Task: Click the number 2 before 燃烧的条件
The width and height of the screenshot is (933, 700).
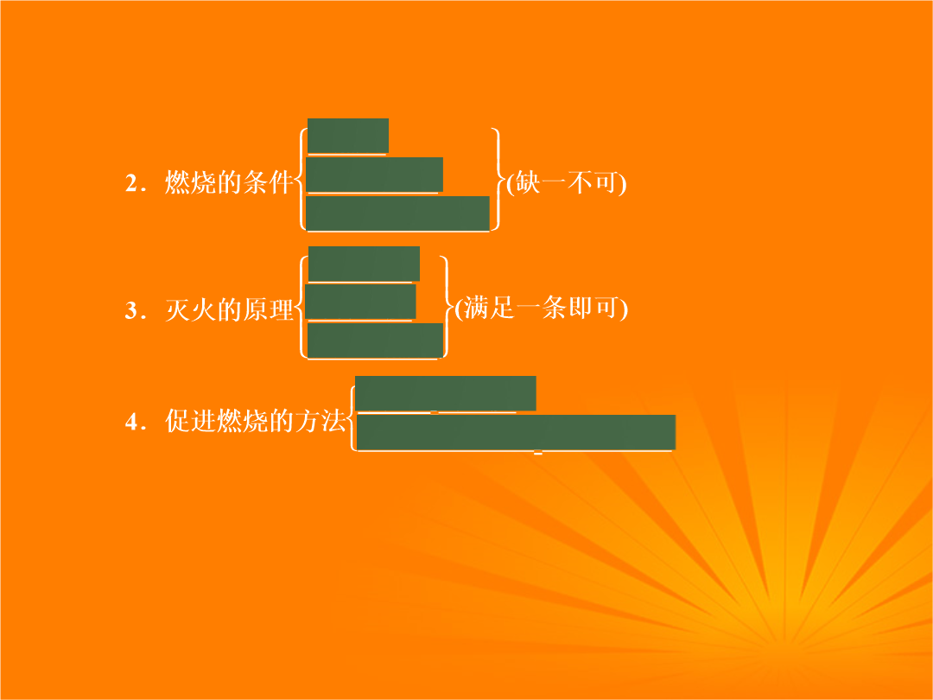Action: coord(131,183)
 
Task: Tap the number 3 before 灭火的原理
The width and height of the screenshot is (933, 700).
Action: coord(131,311)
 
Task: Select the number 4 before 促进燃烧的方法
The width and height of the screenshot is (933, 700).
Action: coord(131,422)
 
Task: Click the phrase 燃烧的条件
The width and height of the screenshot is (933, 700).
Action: coord(229,182)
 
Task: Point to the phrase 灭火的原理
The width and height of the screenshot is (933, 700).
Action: coord(229,309)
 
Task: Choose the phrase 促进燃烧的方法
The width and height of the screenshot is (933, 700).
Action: coord(255,421)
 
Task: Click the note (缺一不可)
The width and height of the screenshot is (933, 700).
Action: coord(566,182)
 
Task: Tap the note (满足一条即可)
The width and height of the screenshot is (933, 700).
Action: coord(541,309)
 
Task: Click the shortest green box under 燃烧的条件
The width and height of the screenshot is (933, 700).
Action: coord(348,136)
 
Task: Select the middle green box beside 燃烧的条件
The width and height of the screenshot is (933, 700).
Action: coord(374,175)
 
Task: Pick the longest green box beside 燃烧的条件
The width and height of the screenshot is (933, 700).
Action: coord(397,213)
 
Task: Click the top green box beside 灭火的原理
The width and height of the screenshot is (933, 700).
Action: coord(365,264)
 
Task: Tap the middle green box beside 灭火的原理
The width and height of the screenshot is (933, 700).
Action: coord(360,302)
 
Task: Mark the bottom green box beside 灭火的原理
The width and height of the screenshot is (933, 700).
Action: coord(375,340)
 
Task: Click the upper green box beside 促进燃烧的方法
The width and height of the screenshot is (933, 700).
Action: coord(446,393)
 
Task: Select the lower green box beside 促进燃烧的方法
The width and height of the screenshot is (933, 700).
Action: coord(516,432)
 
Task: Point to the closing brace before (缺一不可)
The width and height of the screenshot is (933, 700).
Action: coord(498,179)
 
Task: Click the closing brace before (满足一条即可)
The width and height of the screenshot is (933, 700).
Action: coord(447,307)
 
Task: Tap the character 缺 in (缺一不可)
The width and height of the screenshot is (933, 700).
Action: coord(527,182)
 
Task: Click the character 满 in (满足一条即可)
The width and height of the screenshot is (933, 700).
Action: coord(476,308)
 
